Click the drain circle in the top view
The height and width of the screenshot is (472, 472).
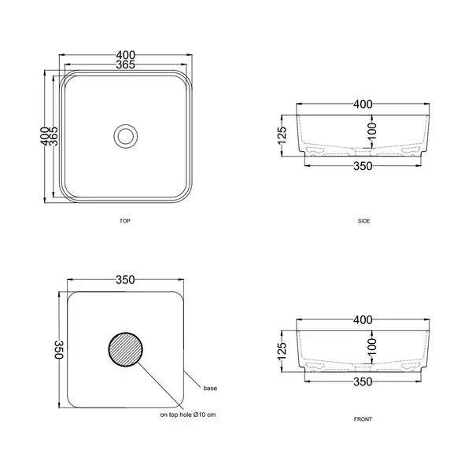[x=126, y=124]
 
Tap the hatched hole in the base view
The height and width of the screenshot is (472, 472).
[x=126, y=349]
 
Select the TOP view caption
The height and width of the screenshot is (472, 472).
[x=125, y=221]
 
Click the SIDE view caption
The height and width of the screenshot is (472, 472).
[x=364, y=221]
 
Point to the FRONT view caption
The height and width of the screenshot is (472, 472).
[x=363, y=419]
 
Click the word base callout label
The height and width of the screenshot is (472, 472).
[x=210, y=389]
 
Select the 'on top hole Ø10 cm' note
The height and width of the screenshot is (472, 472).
[x=188, y=415]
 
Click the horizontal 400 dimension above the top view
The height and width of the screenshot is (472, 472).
[x=126, y=55]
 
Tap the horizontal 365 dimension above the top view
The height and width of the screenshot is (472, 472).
[x=126, y=65]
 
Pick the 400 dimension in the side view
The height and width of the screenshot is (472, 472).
[x=363, y=104]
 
